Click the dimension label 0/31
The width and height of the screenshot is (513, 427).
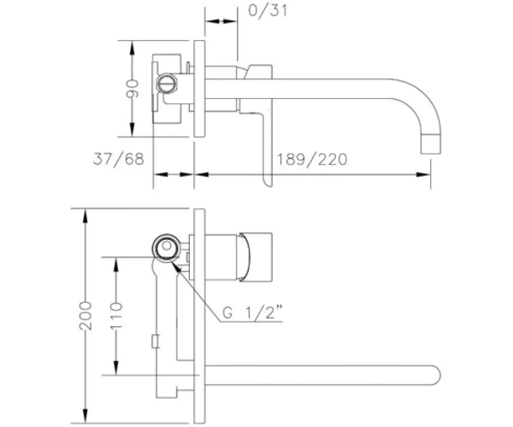268,10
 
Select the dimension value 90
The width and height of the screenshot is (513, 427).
133,89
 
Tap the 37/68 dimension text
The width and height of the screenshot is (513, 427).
119,159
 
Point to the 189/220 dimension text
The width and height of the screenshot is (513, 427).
312,160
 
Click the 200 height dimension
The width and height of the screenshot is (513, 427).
85,316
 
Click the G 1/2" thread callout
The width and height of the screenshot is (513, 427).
252,313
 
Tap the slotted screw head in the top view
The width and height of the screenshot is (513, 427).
168,83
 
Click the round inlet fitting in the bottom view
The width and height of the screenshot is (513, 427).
167,248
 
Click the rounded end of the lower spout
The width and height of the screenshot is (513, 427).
436,375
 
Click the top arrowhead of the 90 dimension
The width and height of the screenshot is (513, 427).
132,48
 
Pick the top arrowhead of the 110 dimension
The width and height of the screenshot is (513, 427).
116,264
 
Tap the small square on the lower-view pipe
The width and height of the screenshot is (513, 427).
156,341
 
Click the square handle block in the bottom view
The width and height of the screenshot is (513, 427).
256,257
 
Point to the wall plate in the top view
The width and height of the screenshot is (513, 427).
199,89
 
